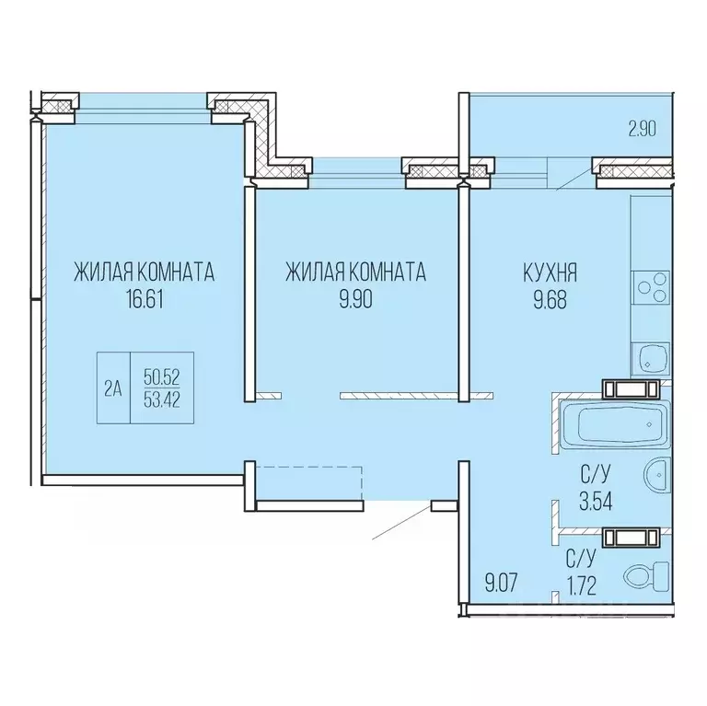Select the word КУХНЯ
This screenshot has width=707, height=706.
551,272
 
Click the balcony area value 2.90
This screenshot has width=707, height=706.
642,130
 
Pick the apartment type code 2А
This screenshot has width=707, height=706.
113,388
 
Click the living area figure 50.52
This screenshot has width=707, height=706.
162,376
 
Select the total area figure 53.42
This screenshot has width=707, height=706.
162,399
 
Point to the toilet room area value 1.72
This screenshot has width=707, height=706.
582,586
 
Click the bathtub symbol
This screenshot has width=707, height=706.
615,423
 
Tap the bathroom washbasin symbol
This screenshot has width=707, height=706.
657,475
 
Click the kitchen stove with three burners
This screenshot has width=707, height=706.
650,288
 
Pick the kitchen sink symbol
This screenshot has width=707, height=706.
650,360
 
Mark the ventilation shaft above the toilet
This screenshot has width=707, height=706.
632,538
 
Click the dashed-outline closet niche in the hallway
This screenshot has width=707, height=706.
309,483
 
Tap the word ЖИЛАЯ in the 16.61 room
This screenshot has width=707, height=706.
103,272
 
